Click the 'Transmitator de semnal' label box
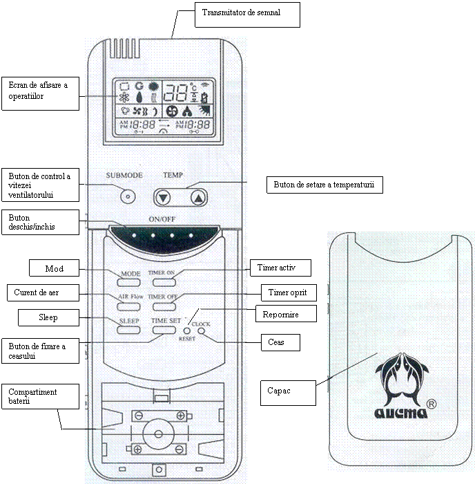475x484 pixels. point(247,15)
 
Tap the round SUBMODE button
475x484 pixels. point(126,196)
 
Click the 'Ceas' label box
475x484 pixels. point(280,342)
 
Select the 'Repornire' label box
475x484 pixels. point(286,315)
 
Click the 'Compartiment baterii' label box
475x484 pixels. point(39,397)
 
